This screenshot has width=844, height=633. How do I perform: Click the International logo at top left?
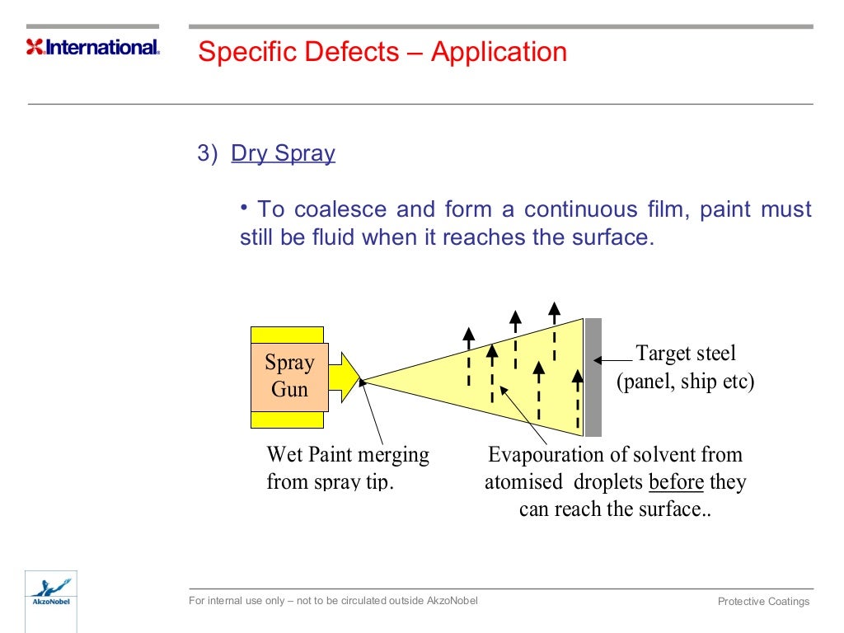point(93,47)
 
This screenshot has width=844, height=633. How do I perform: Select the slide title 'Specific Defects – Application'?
point(382,52)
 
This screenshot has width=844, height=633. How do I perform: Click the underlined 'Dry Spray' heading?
point(283,153)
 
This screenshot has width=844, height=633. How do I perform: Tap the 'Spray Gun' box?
point(289,376)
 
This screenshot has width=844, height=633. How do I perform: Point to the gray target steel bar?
point(593,377)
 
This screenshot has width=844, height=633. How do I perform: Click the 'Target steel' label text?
point(686,354)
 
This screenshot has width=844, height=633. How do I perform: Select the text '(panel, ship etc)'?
point(686,382)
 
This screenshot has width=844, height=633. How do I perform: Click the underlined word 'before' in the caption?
point(676,482)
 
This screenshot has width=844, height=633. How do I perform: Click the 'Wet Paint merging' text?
point(348,455)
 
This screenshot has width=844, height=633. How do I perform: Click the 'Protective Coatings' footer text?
point(763,602)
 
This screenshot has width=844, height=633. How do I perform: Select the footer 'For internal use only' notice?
point(333,601)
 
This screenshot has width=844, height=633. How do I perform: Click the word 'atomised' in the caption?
point(523,482)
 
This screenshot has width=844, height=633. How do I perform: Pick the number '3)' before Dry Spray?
point(207,154)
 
